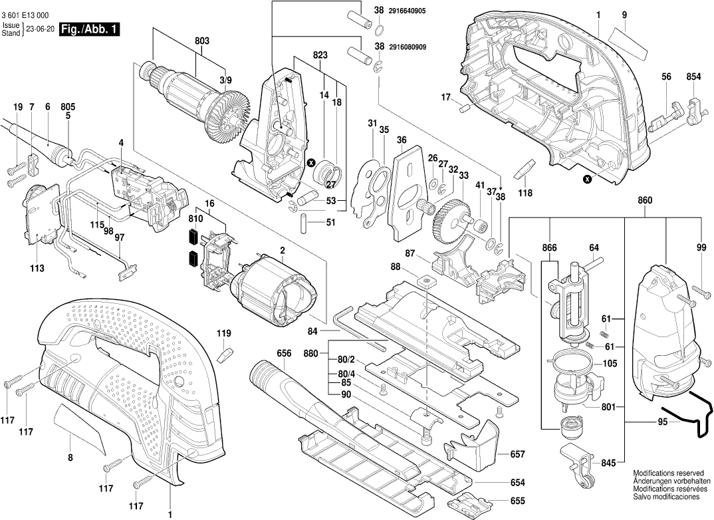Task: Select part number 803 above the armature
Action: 202,41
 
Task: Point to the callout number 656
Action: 285,354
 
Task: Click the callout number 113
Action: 37,268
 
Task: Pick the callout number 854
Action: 693,77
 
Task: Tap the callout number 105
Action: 610,364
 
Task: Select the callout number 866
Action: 548,248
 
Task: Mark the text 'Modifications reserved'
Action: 665,471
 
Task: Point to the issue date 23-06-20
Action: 41,29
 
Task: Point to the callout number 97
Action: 120,237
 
